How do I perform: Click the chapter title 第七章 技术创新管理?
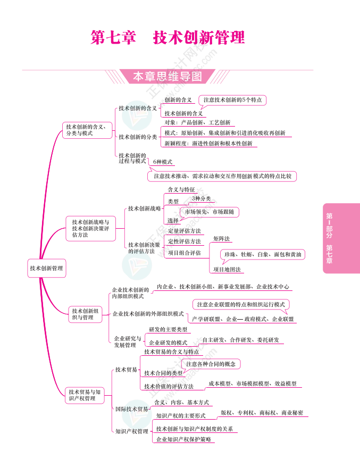[168, 38]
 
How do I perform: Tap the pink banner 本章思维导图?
[168, 77]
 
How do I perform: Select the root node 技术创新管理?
[46, 268]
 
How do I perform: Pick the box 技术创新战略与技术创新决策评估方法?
[90, 228]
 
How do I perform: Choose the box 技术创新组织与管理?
[85, 314]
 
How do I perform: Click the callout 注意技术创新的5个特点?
[232, 100]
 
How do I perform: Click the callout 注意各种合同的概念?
[211, 364]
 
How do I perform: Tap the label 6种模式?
[163, 162]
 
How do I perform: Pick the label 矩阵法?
[222, 239]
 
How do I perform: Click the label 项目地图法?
[227, 270]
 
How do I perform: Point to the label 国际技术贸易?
[132, 409]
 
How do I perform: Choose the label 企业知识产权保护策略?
[183, 439]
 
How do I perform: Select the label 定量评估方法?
[185, 231]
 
